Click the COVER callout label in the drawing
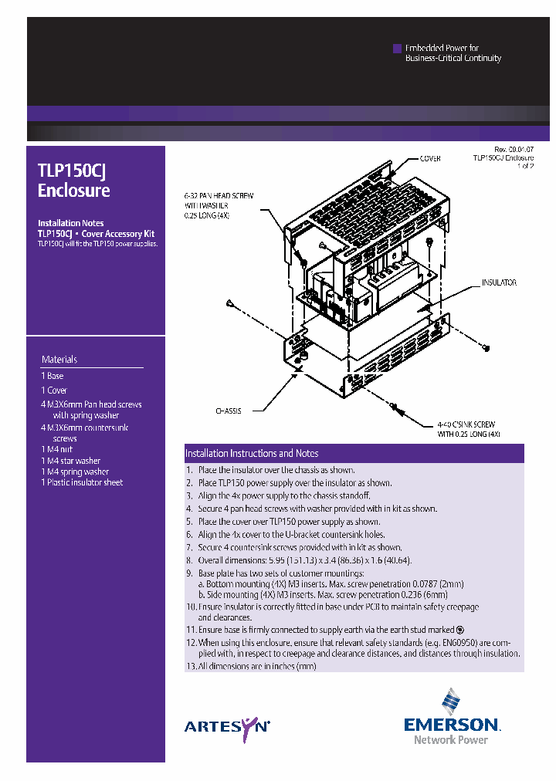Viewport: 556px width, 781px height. coord(430,158)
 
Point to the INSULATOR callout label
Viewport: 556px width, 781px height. coord(499,283)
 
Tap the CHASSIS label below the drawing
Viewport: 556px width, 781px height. coord(228,411)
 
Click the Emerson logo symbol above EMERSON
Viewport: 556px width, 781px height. coord(451,702)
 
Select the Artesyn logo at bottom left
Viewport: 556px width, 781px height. coord(227,726)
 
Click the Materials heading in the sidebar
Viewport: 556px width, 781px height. coord(59,360)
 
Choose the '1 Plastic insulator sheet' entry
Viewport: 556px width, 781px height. coord(82,482)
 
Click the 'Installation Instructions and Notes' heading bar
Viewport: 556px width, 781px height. coord(252,454)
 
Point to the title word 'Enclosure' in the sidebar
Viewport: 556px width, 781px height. coord(74,191)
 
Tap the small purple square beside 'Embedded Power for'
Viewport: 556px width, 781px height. coord(397,48)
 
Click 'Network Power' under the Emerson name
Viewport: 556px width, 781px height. coord(451,740)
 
